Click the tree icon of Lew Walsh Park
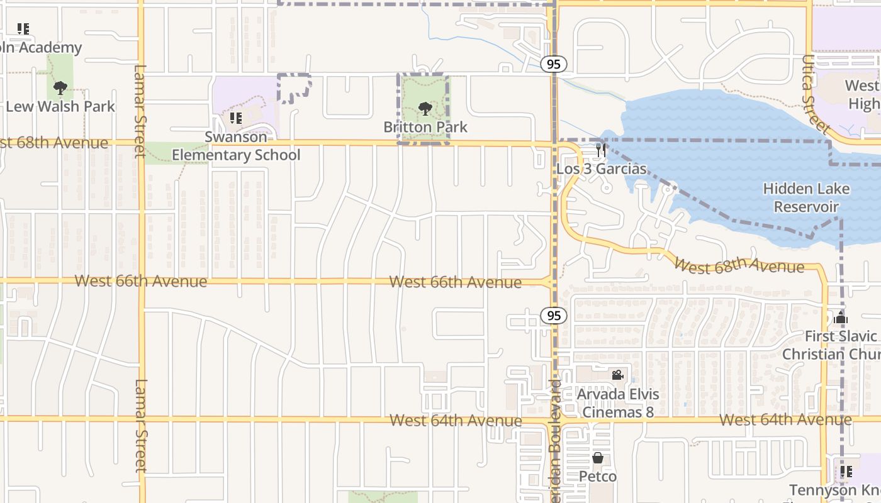(60, 88)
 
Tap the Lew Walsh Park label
(60, 106)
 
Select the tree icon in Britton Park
(425, 109)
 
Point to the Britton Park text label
(425, 127)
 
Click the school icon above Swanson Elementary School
(236, 118)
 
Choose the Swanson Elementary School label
(236, 146)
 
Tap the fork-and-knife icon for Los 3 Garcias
(601, 150)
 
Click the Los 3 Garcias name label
(602, 169)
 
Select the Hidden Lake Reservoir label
(806, 197)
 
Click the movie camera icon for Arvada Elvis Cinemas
(617, 375)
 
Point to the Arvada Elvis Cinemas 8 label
(619, 403)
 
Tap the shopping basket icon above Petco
(598, 458)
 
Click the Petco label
(598, 477)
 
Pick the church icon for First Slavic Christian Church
(841, 318)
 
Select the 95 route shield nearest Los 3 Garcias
(553, 64)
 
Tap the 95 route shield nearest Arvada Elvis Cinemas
(553, 316)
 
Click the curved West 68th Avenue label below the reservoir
(738, 265)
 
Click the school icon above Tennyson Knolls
(846, 471)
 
